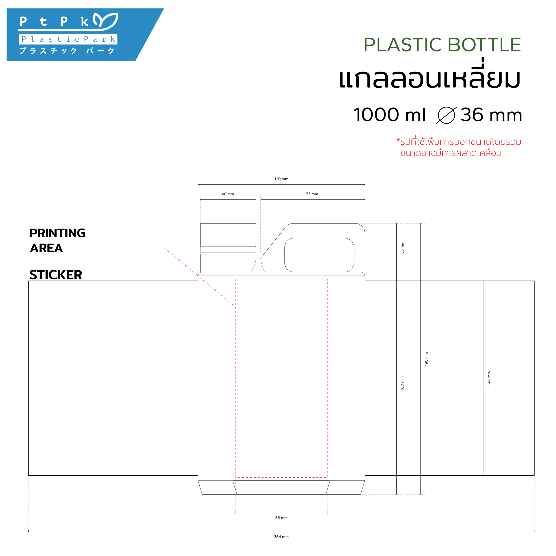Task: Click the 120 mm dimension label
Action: click(281, 179)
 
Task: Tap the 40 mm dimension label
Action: click(228, 194)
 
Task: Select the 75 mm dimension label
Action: click(312, 194)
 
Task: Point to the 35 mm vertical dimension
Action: click(402, 248)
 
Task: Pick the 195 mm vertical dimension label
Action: click(426, 359)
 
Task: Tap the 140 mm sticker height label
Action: click(489, 378)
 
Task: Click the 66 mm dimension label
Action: click(281, 518)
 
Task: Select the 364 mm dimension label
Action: click(281, 537)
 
